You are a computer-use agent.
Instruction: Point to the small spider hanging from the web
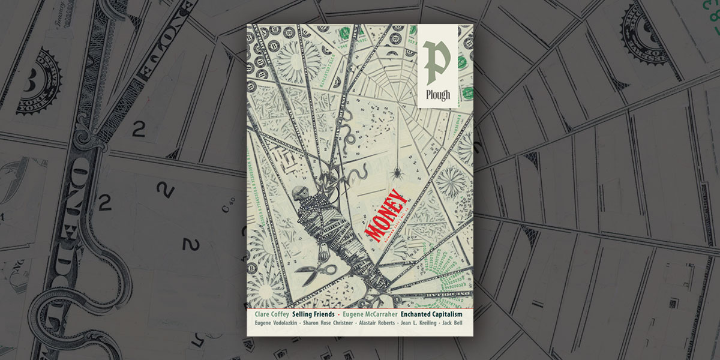tap(398, 174)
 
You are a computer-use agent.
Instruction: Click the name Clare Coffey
tap(268, 314)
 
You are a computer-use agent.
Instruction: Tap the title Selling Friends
tap(313, 314)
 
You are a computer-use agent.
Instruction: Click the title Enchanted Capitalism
tap(436, 314)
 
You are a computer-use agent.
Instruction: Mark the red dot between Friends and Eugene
tap(339, 315)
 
